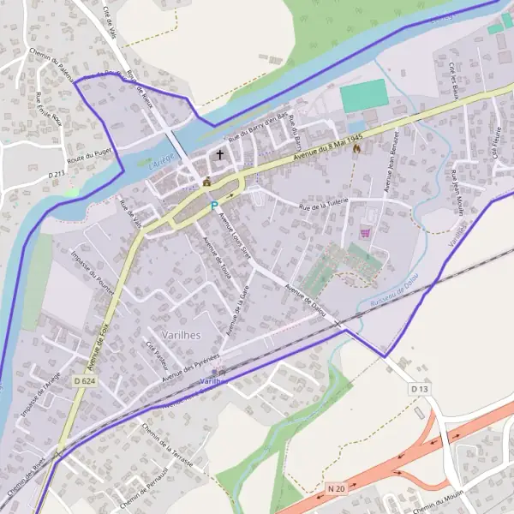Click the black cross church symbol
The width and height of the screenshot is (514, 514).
(x=220, y=155)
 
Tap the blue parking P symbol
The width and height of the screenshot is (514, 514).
(x=213, y=206)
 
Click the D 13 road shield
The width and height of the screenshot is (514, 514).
(x=419, y=389)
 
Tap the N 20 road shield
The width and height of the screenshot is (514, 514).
(x=336, y=487)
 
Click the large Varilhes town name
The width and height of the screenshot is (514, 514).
(x=181, y=335)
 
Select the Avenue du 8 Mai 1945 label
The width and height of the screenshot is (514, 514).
(x=329, y=140)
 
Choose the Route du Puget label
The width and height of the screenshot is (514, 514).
(x=87, y=157)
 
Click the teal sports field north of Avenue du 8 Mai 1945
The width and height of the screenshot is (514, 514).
(x=363, y=95)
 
